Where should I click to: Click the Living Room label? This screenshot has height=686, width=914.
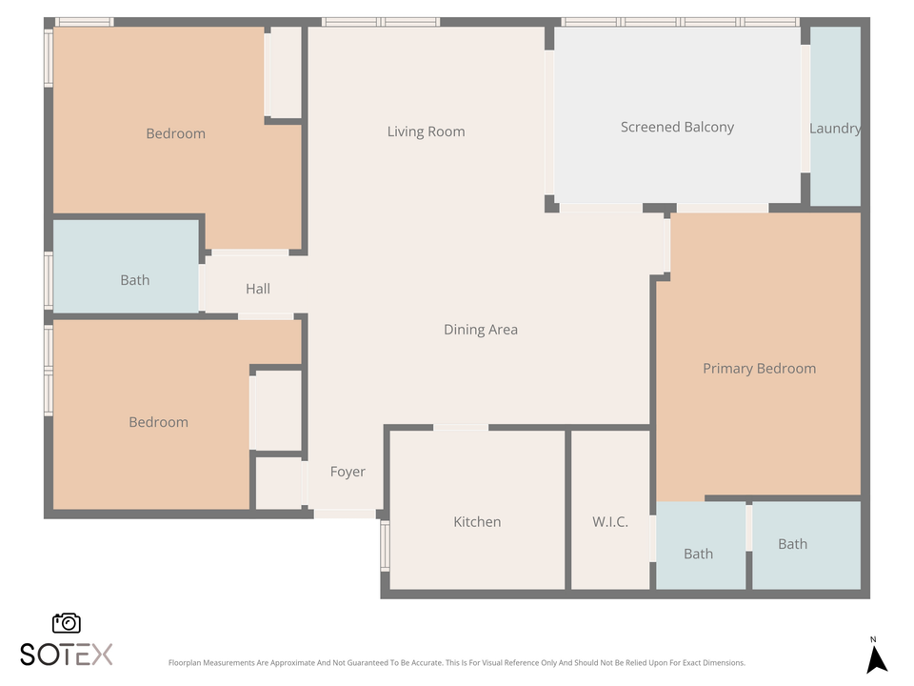pyautogui.click(x=426, y=131)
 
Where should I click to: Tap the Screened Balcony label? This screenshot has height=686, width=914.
pyautogui.click(x=677, y=127)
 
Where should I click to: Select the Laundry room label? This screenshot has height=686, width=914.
pyautogui.click(x=835, y=129)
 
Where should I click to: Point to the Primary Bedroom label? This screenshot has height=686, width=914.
pyautogui.click(x=759, y=369)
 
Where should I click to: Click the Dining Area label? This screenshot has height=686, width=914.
pyautogui.click(x=481, y=330)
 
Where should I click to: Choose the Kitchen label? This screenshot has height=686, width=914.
pyautogui.click(x=477, y=522)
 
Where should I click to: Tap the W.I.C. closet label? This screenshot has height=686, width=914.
pyautogui.click(x=610, y=522)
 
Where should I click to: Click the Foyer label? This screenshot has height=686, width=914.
pyautogui.click(x=348, y=472)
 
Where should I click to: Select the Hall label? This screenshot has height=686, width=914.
pyautogui.click(x=258, y=289)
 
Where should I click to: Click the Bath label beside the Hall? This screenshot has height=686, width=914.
pyautogui.click(x=135, y=280)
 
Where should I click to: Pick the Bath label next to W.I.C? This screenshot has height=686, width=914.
pyautogui.click(x=698, y=554)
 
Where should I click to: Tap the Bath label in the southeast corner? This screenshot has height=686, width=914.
pyautogui.click(x=792, y=544)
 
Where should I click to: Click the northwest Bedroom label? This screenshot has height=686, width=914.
pyautogui.click(x=175, y=133)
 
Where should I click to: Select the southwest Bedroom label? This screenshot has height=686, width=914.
pyautogui.click(x=158, y=422)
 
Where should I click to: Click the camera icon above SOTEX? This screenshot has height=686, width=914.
pyautogui.click(x=67, y=622)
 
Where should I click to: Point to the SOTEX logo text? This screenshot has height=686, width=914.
pyautogui.click(x=67, y=654)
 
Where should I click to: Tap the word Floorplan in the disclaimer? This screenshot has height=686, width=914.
pyautogui.click(x=187, y=663)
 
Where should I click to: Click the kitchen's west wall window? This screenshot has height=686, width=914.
pyautogui.click(x=385, y=545)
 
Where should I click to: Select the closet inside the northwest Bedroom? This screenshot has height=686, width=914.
pyautogui.click(x=285, y=72)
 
